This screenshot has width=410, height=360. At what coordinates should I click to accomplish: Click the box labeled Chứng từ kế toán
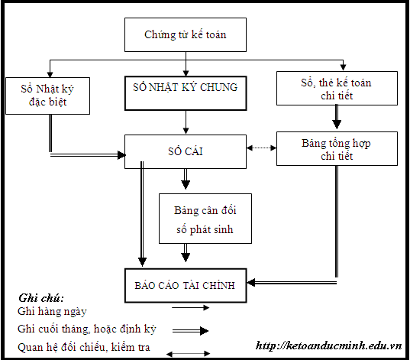(x=186, y=35)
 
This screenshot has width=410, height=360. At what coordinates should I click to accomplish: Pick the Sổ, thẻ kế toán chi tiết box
(x=337, y=88)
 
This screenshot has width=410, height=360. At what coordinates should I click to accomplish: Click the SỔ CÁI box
(x=186, y=151)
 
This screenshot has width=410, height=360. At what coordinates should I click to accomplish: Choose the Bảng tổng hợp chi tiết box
(x=337, y=148)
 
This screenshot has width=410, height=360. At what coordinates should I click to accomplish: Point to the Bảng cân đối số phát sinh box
(x=205, y=218)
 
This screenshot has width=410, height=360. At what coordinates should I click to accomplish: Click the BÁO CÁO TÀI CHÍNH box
(x=186, y=284)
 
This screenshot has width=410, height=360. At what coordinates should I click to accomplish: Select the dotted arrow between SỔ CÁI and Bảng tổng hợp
(x=261, y=148)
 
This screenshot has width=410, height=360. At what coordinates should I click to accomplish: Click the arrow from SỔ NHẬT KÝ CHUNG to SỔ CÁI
(x=186, y=122)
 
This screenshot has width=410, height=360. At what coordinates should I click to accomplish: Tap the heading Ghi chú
(x=40, y=298)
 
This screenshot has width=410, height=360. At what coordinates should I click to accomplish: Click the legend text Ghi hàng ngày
(x=52, y=312)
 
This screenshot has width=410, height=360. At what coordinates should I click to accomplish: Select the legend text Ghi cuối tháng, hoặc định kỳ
(x=86, y=329)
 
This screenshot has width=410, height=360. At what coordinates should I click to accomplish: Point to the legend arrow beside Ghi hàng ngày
(x=191, y=308)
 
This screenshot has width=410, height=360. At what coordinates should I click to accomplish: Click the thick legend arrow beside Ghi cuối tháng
(x=191, y=331)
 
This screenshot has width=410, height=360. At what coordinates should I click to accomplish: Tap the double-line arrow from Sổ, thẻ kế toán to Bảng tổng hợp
(x=337, y=118)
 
